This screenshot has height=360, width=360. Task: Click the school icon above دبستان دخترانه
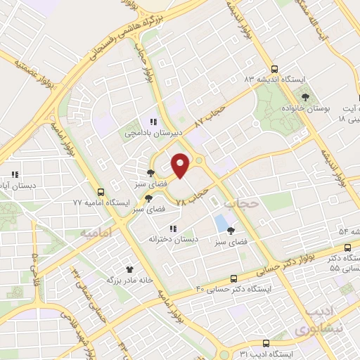pos(172,229)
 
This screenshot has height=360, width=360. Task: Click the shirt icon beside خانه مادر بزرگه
pos(129,269)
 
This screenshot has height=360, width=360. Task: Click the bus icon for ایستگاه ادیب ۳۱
pos(265,343)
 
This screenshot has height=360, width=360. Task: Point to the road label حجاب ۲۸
pos(191,195)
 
